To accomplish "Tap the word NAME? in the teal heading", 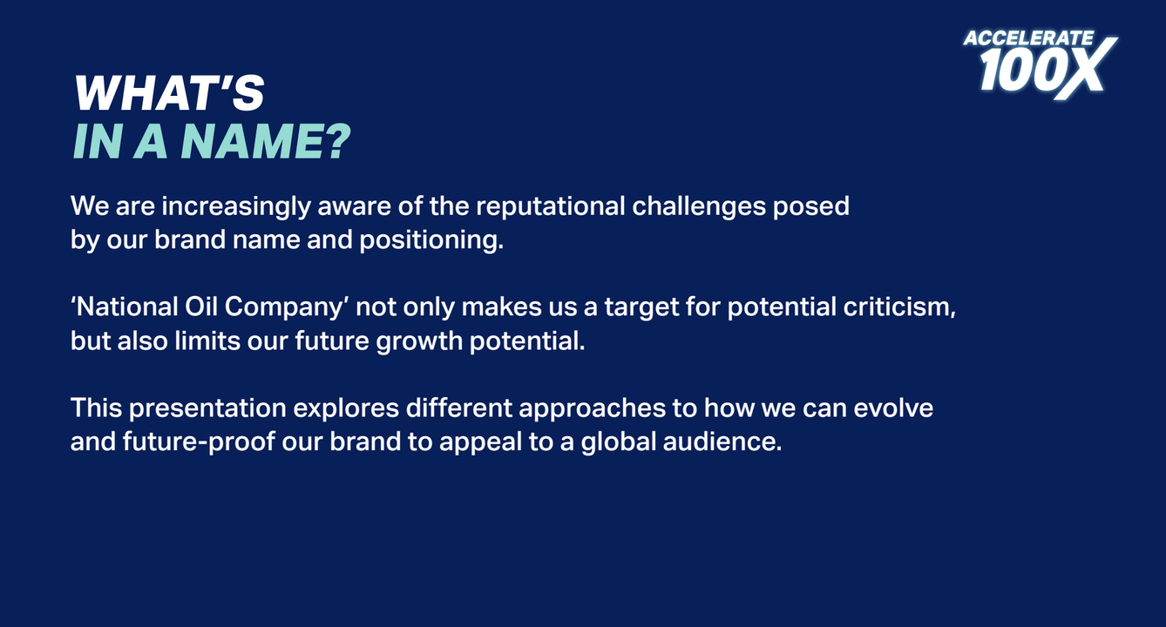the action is click(x=266, y=142).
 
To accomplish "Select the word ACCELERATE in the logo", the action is click(x=1028, y=38).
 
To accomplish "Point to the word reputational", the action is click(x=550, y=206).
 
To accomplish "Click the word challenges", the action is click(x=699, y=206).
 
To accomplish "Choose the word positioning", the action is click(x=431, y=239).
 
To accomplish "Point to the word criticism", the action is click(x=899, y=307).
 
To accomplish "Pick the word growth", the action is click(x=419, y=342).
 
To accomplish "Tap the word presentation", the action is click(x=207, y=408).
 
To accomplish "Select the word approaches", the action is click(x=593, y=408).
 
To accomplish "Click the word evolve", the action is click(x=893, y=408).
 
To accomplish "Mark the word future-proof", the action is click(x=199, y=442).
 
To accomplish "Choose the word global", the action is click(x=619, y=442).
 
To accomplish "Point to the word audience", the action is click(x=722, y=442).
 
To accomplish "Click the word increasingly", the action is click(x=236, y=206).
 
